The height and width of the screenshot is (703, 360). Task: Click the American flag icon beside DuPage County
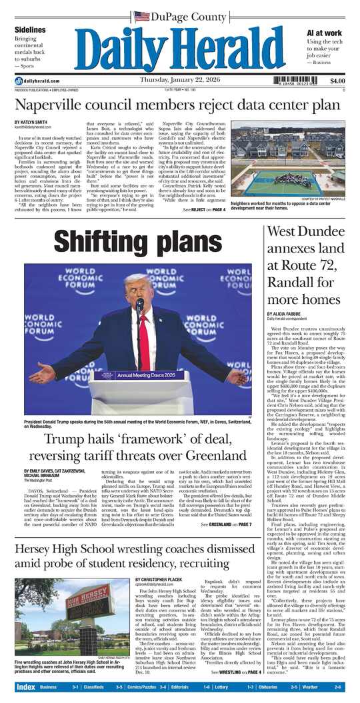click(141, 16)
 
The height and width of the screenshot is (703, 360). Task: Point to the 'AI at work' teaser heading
click(325, 32)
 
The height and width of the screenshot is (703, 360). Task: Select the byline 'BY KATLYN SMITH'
click(31, 121)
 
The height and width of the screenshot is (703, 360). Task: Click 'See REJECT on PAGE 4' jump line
click(204, 210)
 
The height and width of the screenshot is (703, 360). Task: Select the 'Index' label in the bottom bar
click(25, 686)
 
